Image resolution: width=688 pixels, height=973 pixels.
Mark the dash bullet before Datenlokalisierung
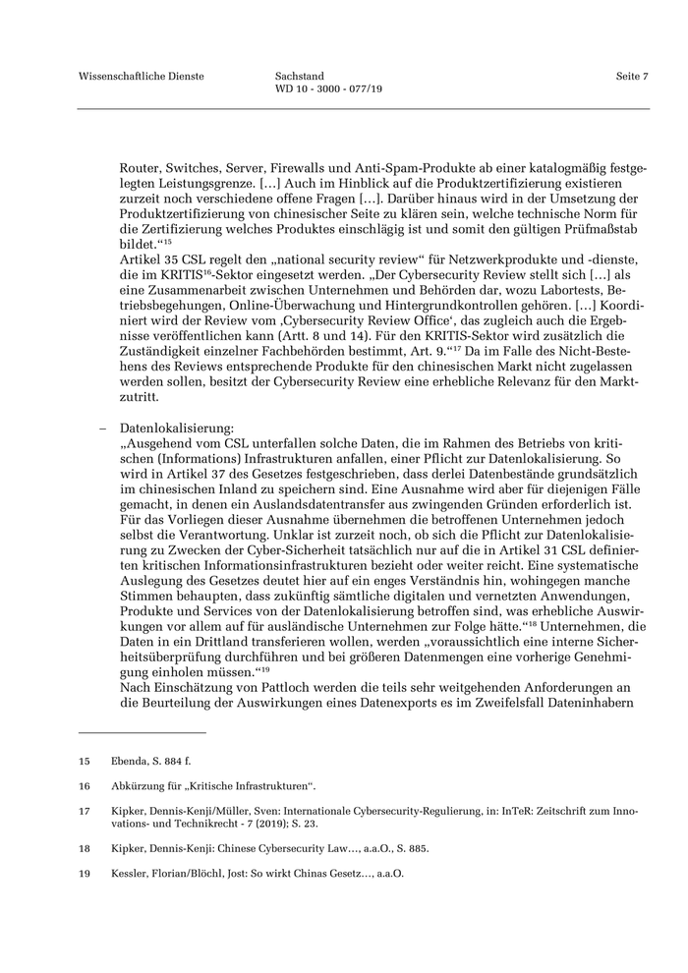click(103, 429)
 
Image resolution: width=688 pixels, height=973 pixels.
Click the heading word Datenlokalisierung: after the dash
click(177, 429)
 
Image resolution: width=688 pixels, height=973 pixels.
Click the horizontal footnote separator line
click(143, 732)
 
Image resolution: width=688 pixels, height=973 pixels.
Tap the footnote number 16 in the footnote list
click(85, 785)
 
